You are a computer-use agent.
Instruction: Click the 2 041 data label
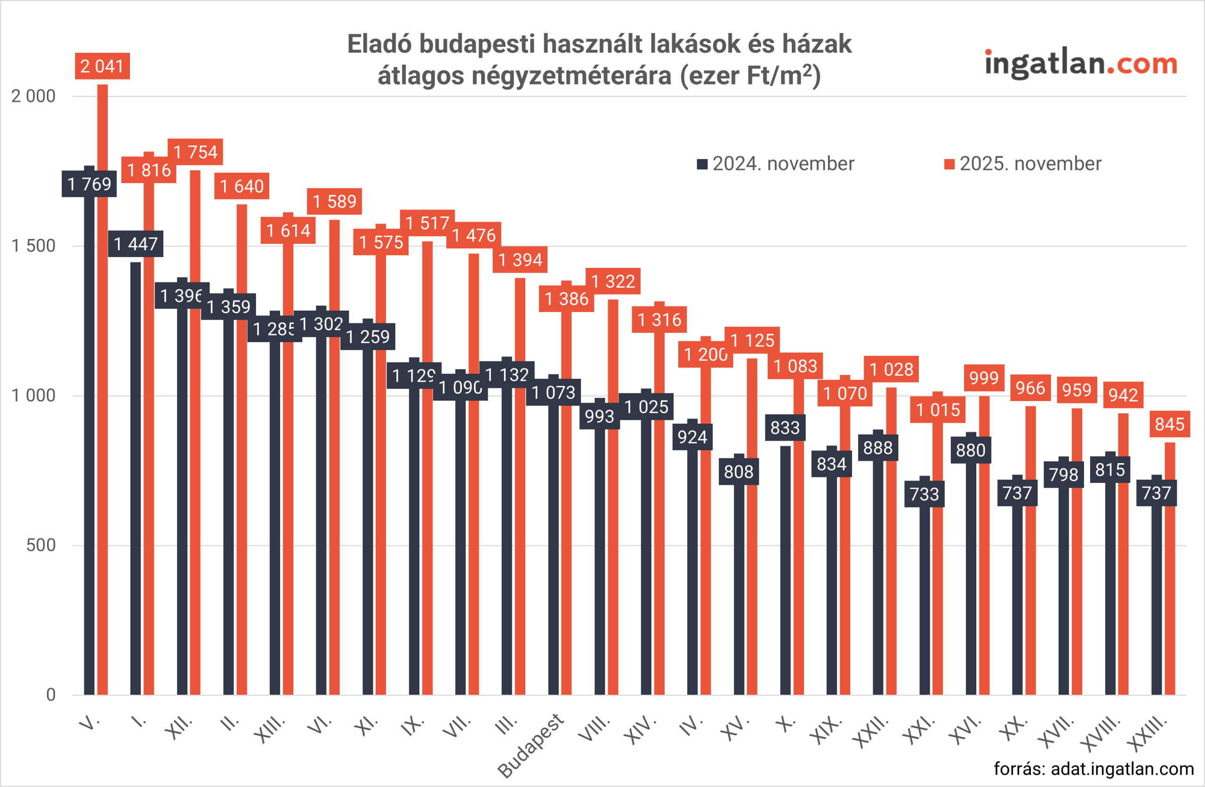(x=102, y=66)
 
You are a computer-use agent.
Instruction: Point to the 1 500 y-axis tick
(x=33, y=246)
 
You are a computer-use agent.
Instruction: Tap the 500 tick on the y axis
(x=40, y=546)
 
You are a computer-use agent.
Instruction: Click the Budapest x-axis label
(x=530, y=745)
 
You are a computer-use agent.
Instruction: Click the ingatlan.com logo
(x=1081, y=64)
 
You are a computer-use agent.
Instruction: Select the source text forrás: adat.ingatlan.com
(x=1093, y=769)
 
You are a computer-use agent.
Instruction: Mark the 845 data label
(x=1170, y=425)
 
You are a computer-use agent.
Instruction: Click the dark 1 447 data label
(x=136, y=244)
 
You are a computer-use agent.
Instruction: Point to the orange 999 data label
(x=984, y=378)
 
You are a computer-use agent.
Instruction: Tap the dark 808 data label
(x=739, y=472)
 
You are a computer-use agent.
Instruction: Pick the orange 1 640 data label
(x=241, y=186)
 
